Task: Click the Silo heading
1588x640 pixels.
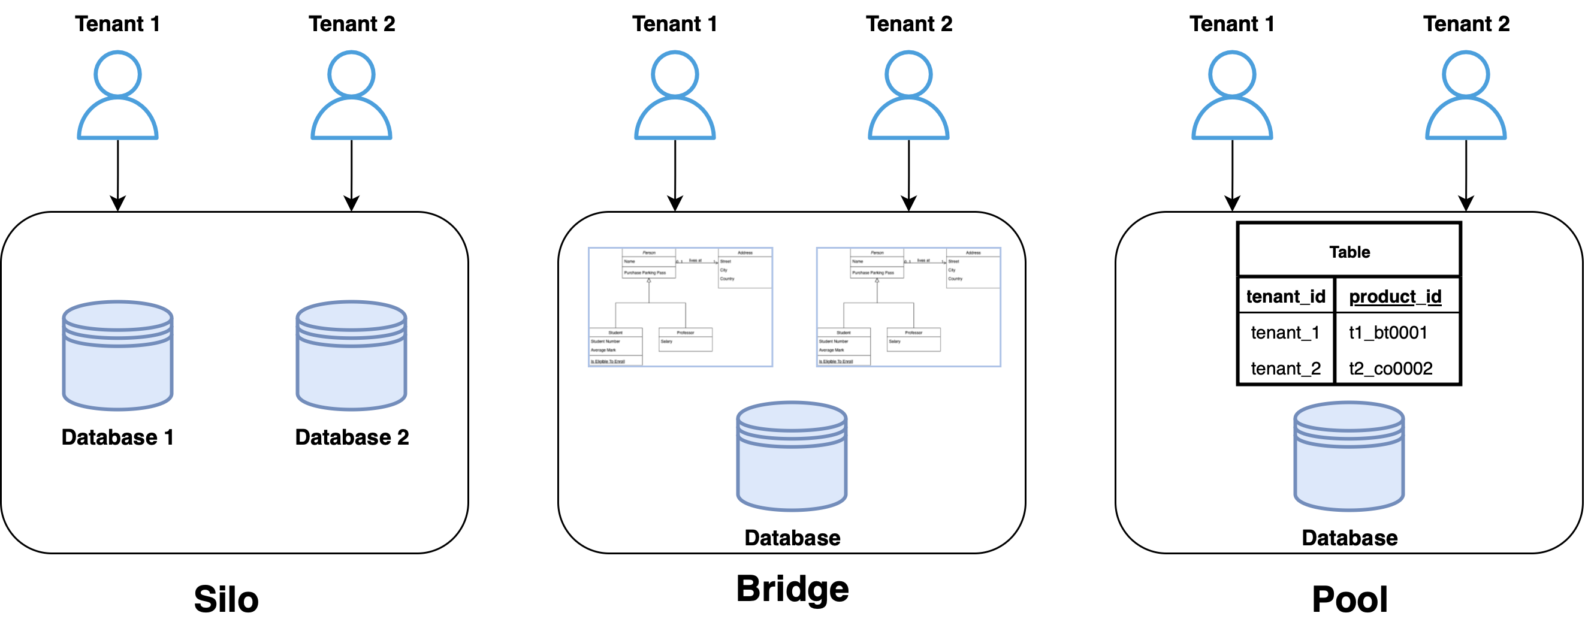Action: pyautogui.click(x=226, y=599)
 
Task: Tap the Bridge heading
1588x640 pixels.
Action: pyautogui.click(x=792, y=588)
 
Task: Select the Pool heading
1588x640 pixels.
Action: pyautogui.click(x=1350, y=599)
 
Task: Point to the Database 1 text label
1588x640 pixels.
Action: pyautogui.click(x=117, y=437)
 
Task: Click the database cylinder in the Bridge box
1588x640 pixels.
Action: pyautogui.click(x=792, y=456)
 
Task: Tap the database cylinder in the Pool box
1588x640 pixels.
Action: pyautogui.click(x=1349, y=456)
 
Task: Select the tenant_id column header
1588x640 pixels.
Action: pyautogui.click(x=1285, y=297)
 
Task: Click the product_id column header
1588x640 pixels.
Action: pyautogui.click(x=1395, y=297)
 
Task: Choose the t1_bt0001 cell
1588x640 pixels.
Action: pyautogui.click(x=1388, y=333)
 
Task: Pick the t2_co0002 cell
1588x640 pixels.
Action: pyautogui.click(x=1390, y=368)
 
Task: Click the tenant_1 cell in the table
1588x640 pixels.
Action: pyautogui.click(x=1285, y=333)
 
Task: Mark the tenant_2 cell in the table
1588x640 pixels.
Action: pyautogui.click(x=1285, y=368)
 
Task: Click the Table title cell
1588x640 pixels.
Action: pyautogui.click(x=1349, y=252)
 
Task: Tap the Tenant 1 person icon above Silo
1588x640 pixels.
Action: pyautogui.click(x=117, y=95)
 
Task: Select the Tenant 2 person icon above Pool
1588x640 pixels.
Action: pyautogui.click(x=1465, y=95)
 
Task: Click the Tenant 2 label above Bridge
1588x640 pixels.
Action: pyautogui.click(x=908, y=23)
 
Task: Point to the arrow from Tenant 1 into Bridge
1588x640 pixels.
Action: pyautogui.click(x=675, y=176)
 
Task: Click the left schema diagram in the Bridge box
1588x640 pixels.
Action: pyautogui.click(x=681, y=307)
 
